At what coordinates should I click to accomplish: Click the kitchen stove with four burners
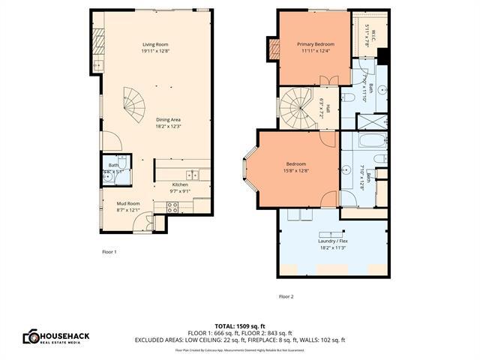(x=172, y=207)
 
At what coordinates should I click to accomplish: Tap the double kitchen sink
(x=193, y=175)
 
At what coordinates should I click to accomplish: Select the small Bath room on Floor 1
(x=113, y=168)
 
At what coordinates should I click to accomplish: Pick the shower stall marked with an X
(x=371, y=122)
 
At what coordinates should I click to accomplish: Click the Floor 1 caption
(x=109, y=251)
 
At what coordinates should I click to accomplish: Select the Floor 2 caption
(x=286, y=296)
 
